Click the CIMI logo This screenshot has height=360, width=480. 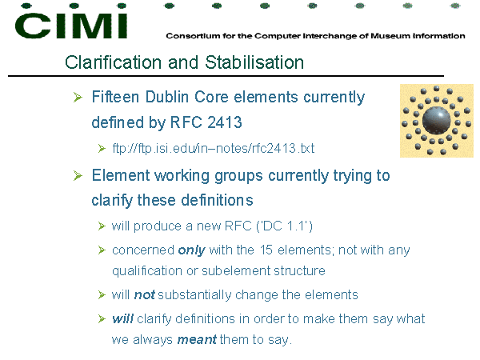click(x=71, y=22)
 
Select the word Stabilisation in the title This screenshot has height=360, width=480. click(x=254, y=62)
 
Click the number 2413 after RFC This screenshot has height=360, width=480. click(x=224, y=122)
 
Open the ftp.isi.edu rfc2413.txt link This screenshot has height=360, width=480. click(x=214, y=149)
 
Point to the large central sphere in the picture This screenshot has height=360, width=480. click(x=437, y=121)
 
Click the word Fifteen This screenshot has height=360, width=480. click(x=115, y=97)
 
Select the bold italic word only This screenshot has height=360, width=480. click(x=192, y=250)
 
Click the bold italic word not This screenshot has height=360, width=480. click(x=145, y=294)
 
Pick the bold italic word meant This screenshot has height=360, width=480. click(x=197, y=340)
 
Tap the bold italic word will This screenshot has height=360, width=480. click(x=122, y=318)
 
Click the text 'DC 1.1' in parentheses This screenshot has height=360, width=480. click(x=284, y=226)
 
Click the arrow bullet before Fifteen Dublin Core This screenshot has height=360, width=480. click(x=78, y=98)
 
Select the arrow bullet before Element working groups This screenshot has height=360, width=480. click(x=78, y=176)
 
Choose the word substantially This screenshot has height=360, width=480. click(x=194, y=295)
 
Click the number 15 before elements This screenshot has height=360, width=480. click(x=266, y=250)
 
